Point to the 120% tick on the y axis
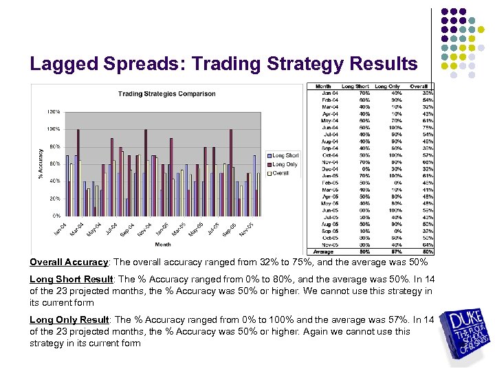click(52, 111)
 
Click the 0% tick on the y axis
click(55, 216)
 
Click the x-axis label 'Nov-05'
click(247, 229)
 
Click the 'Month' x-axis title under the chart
click(163, 244)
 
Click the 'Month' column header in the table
click(323, 87)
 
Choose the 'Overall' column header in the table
click(419, 87)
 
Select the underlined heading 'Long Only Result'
click(69, 319)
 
